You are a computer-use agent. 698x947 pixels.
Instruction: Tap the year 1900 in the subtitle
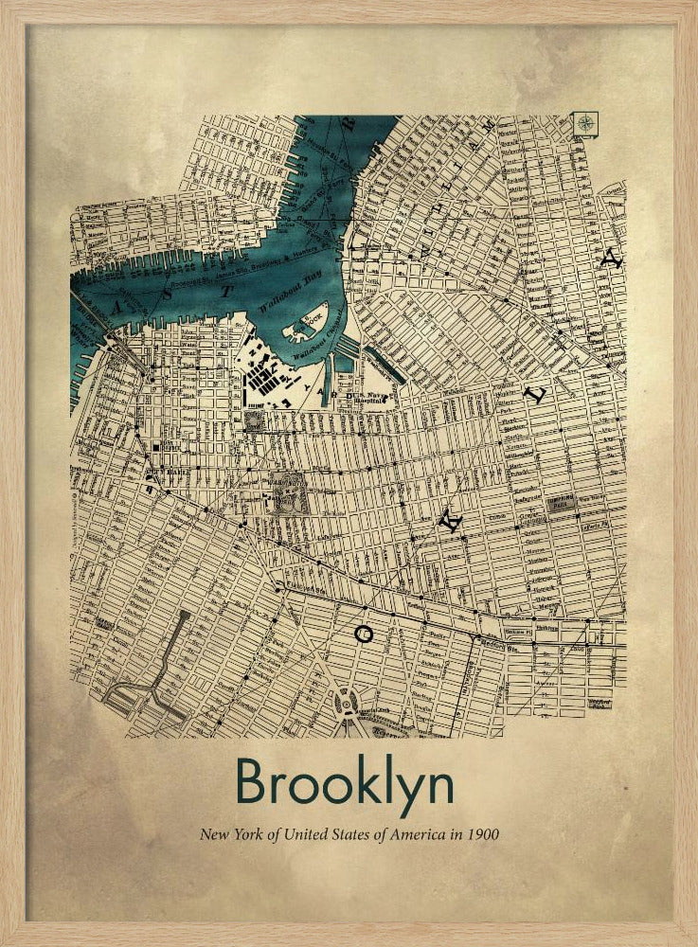[481, 835]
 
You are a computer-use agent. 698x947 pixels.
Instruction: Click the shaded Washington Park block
[289, 496]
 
